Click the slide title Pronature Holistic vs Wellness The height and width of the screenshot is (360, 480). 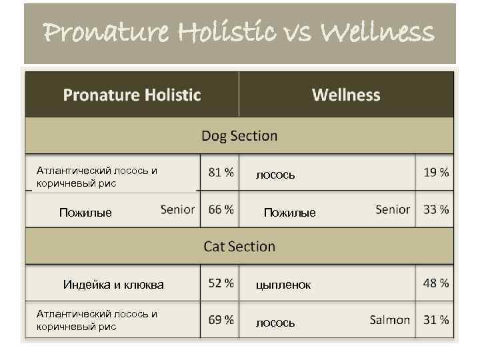coord(239,31)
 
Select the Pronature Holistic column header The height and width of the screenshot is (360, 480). coord(132,95)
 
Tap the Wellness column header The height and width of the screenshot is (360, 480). coord(346,95)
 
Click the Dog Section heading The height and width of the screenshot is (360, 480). coord(239,136)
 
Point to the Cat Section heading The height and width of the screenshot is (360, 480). coord(239,246)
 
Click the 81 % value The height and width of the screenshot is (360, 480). coord(221,172)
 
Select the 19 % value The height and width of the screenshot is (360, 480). coord(436,172)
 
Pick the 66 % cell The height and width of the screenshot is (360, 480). coord(221,209)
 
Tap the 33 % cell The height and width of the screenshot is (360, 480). coord(436,209)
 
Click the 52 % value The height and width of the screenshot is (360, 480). coord(221,283)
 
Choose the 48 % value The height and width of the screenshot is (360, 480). coord(436,283)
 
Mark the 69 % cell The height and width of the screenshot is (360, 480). coord(221,320)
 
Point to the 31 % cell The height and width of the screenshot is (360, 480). coord(436,320)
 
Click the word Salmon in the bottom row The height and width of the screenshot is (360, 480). coord(390,320)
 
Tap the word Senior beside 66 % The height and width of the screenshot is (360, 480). coord(178,209)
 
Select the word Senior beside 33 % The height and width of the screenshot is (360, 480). coord(393,209)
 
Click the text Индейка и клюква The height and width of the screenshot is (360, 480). coord(113,285)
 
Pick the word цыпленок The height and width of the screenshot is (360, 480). coord(283,285)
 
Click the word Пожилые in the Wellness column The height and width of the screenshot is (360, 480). coord(289,213)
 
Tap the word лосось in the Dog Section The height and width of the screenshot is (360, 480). coord(275,175)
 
